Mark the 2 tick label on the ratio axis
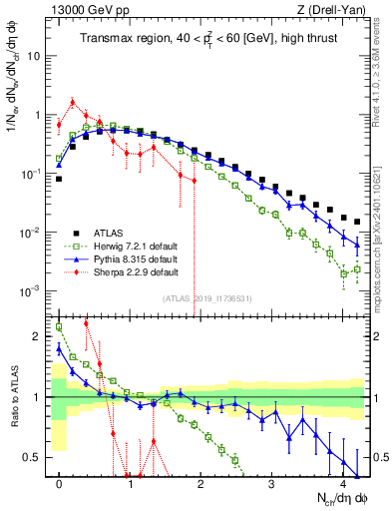click(x=40, y=336)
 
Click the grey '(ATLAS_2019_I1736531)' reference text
click(x=208, y=298)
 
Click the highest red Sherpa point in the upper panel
click(x=73, y=101)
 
